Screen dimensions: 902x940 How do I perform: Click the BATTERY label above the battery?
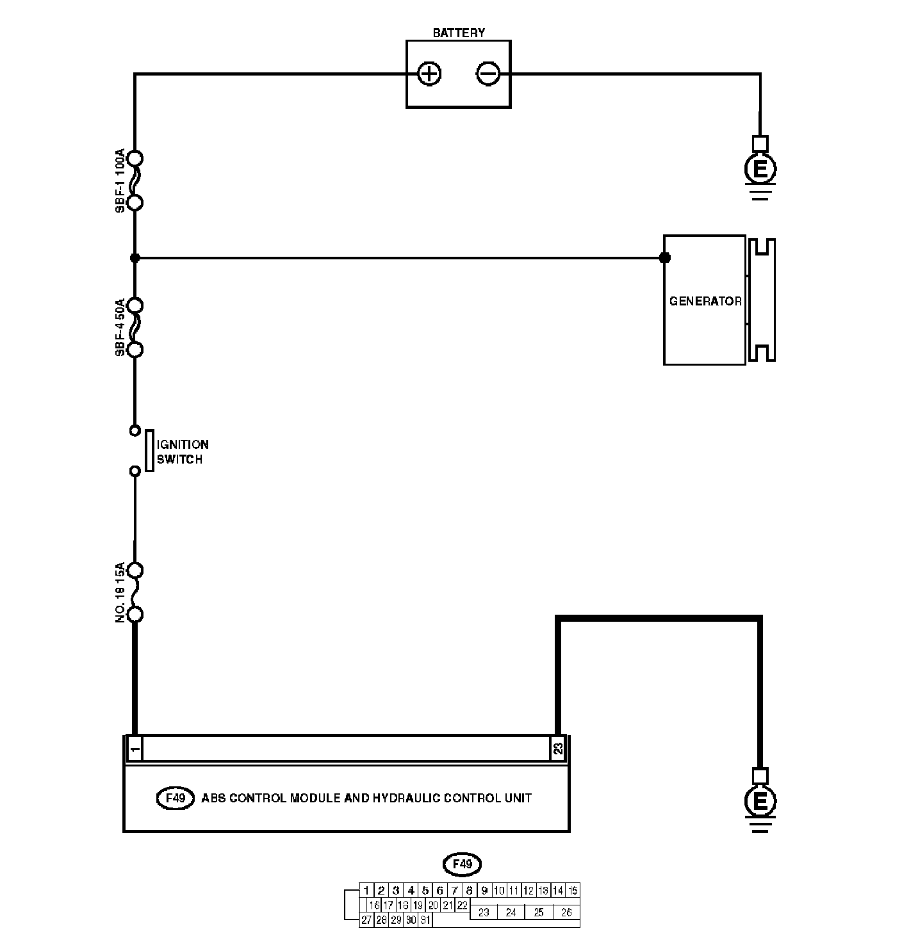[x=459, y=33]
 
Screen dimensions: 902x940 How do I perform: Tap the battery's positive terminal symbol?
[x=429, y=74]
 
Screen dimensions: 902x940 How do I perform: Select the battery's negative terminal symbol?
[x=488, y=74]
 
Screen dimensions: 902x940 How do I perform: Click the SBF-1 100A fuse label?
[x=120, y=181]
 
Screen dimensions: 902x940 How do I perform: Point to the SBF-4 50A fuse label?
[x=120, y=327]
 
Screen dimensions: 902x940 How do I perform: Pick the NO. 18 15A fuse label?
[x=120, y=592]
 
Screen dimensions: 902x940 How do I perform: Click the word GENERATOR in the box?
[x=705, y=302]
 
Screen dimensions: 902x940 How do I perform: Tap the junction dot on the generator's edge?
[x=665, y=258]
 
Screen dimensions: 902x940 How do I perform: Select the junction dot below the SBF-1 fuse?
[x=135, y=258]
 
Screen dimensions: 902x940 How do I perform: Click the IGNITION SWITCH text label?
[x=183, y=451]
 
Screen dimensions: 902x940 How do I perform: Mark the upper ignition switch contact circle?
[x=135, y=430]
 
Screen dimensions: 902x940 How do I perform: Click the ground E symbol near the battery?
[x=760, y=169]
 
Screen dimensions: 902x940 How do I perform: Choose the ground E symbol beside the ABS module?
[x=760, y=802]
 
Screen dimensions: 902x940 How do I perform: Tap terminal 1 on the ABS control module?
[x=135, y=749]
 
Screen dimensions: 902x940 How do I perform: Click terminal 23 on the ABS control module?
[x=558, y=749]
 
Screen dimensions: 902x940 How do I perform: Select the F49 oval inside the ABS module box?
[x=176, y=798]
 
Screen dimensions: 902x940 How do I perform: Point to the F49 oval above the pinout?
[x=462, y=864]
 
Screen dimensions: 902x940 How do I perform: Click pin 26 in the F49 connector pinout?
[x=566, y=912]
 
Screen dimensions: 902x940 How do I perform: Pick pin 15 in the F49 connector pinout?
[x=573, y=890]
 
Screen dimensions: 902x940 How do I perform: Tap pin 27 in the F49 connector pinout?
[x=366, y=920]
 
